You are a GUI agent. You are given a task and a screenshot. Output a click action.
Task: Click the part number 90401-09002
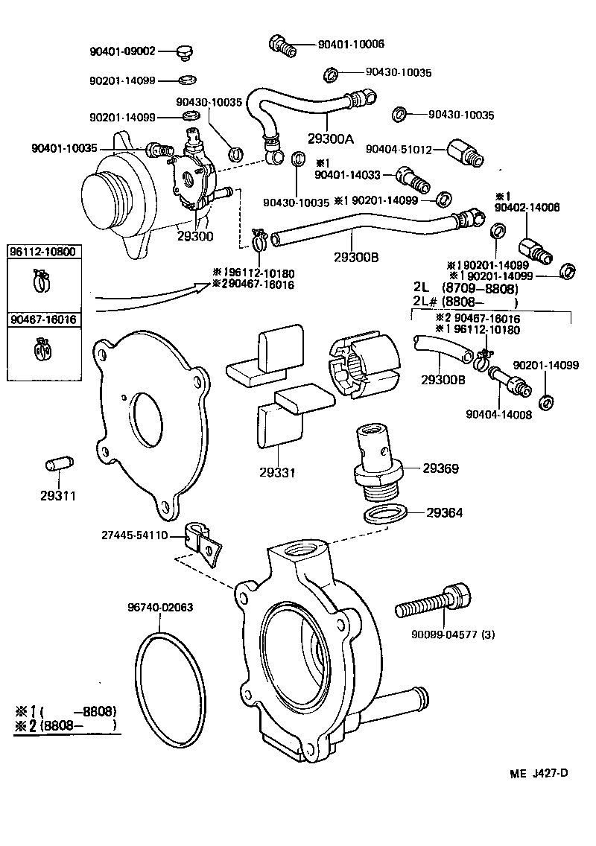click(x=122, y=51)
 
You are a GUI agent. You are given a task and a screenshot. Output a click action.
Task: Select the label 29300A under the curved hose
click(x=331, y=139)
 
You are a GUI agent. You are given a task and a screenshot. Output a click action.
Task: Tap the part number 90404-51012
click(x=401, y=150)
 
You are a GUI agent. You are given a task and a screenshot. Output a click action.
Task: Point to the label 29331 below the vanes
click(x=277, y=472)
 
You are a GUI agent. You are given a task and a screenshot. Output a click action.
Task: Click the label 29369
click(x=440, y=468)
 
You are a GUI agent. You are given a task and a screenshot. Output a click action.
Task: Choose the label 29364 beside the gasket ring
click(x=445, y=512)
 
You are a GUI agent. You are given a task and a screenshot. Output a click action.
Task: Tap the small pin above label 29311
click(x=57, y=467)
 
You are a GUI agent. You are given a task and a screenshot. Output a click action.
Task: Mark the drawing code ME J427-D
click(x=538, y=772)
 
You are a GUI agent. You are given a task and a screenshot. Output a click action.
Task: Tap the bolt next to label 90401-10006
click(x=282, y=45)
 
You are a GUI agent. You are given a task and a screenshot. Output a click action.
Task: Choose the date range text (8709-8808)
click(x=479, y=287)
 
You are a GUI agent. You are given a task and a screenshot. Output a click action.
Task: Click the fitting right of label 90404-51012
click(x=465, y=153)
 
